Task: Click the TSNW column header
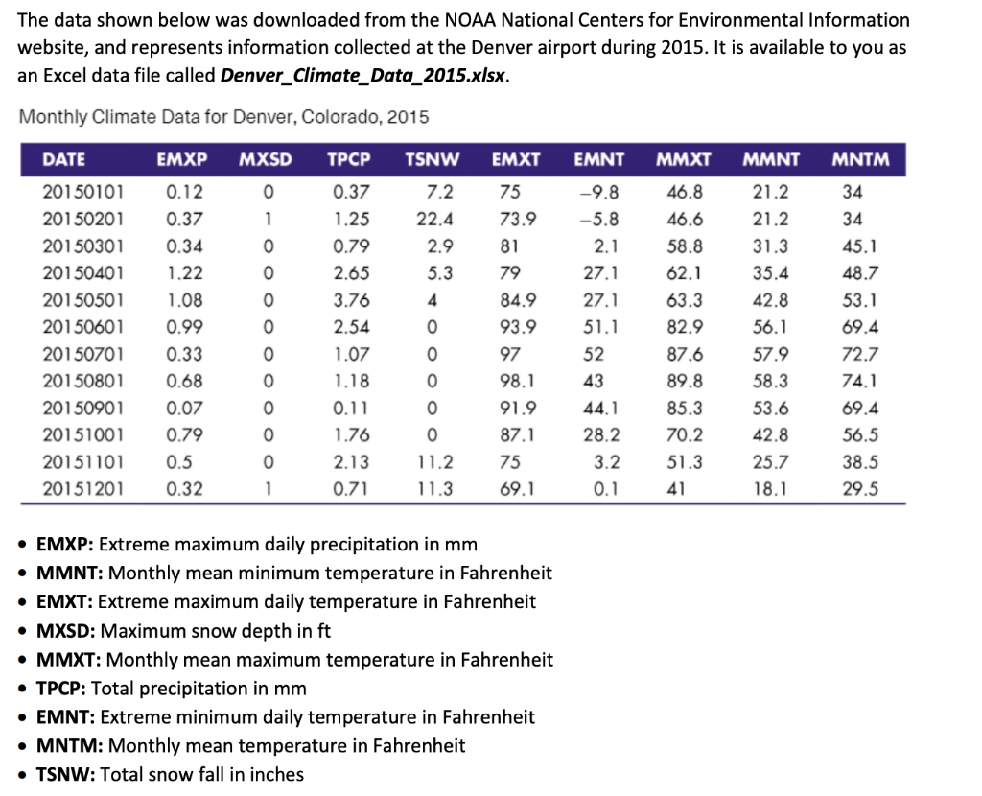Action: [432, 159]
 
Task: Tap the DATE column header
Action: [63, 159]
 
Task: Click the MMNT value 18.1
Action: [770, 489]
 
